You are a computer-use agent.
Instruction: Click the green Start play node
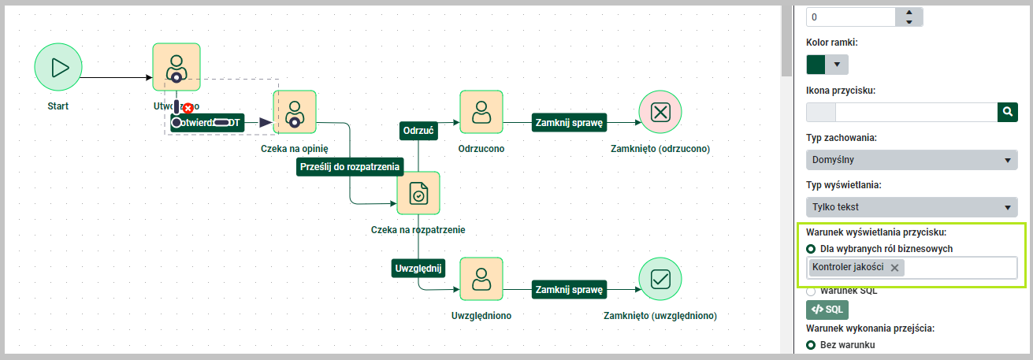pos(58,66)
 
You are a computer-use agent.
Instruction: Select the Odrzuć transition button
pos(418,131)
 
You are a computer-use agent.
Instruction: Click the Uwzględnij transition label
pos(418,269)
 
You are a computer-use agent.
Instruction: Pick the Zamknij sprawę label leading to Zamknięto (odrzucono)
pos(569,123)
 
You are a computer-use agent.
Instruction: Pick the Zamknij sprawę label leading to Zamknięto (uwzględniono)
pos(569,290)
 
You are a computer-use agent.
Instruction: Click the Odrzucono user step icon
pos(481,113)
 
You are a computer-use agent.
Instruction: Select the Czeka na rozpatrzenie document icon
pos(418,193)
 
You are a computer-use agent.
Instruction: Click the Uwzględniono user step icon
pos(481,280)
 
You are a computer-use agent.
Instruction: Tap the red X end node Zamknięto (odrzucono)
pos(660,112)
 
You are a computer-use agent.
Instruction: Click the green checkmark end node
pos(660,280)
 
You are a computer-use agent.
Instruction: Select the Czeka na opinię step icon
pos(295,113)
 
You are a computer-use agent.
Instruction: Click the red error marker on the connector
pos(188,108)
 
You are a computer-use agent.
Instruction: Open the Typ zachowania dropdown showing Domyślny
pos(912,161)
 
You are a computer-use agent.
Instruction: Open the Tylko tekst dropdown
pos(912,207)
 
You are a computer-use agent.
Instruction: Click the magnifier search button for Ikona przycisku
pos(1007,112)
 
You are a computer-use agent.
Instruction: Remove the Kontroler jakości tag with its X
pos(894,268)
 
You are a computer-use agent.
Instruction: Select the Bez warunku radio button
pos(811,345)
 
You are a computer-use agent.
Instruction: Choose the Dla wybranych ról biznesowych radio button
pos(811,249)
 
